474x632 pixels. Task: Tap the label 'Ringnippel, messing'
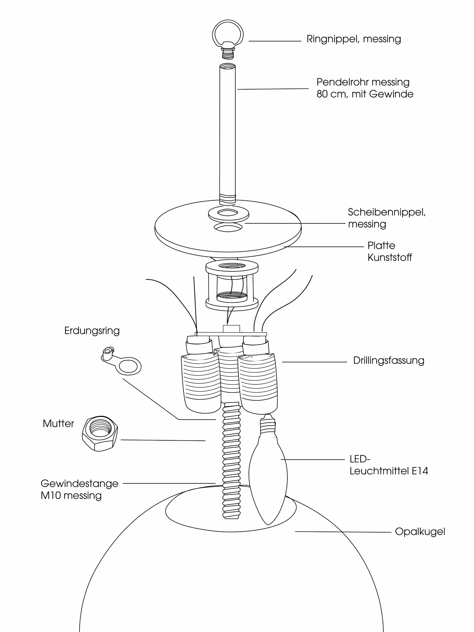click(354, 39)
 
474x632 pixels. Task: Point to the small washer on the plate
click(228, 213)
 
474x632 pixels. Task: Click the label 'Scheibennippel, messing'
click(386, 218)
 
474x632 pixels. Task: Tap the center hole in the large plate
click(228, 228)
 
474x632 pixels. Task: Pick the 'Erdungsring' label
click(92, 331)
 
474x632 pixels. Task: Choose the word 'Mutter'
click(58, 423)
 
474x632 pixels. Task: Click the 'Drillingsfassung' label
click(388, 361)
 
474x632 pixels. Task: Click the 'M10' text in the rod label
click(51, 495)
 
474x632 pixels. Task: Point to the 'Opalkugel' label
click(420, 532)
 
